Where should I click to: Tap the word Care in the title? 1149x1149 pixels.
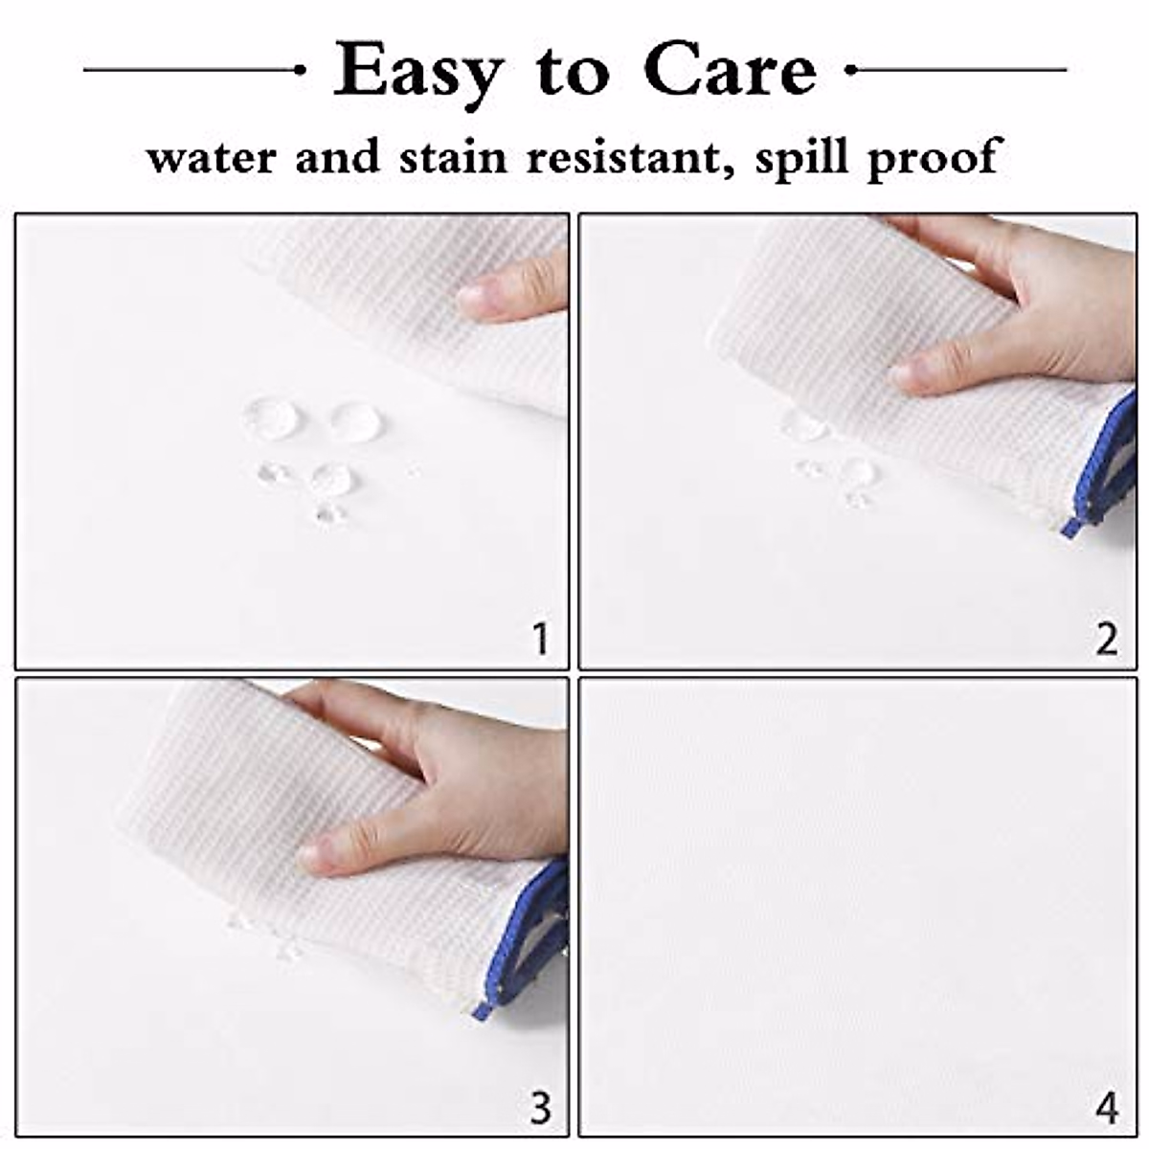point(731,71)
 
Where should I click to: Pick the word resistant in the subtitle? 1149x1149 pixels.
point(623,157)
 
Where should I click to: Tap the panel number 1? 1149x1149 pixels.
point(541,638)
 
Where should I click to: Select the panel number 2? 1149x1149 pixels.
point(1107,638)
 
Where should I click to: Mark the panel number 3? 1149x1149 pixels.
point(541,1107)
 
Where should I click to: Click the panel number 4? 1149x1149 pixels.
point(1107,1108)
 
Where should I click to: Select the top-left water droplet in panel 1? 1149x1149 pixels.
point(272,417)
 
